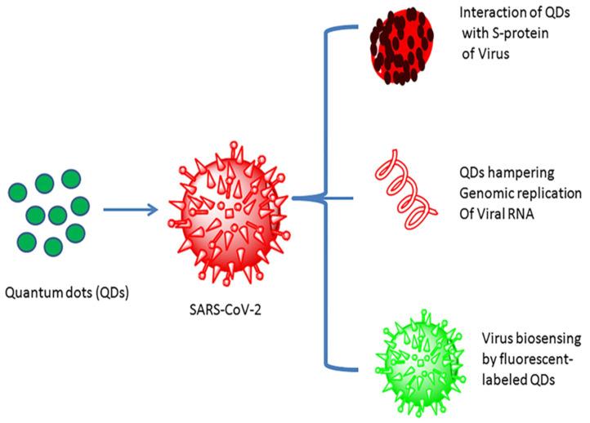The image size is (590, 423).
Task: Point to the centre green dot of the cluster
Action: [x=56, y=214]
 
